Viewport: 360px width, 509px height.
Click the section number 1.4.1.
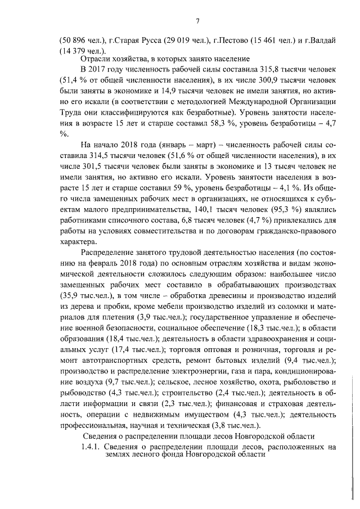pyautogui.click(x=92, y=446)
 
